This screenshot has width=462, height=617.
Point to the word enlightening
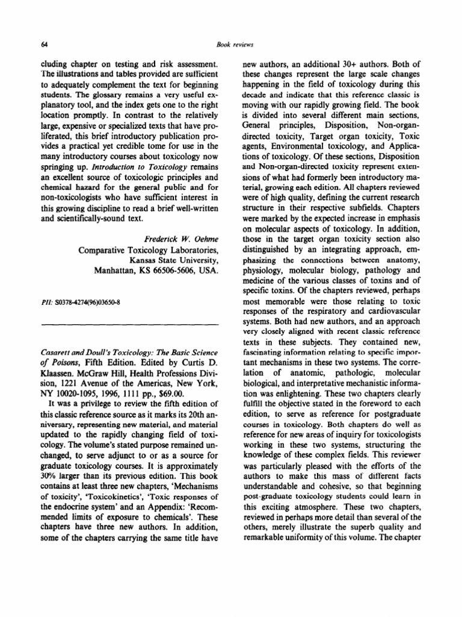[x=292, y=389]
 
